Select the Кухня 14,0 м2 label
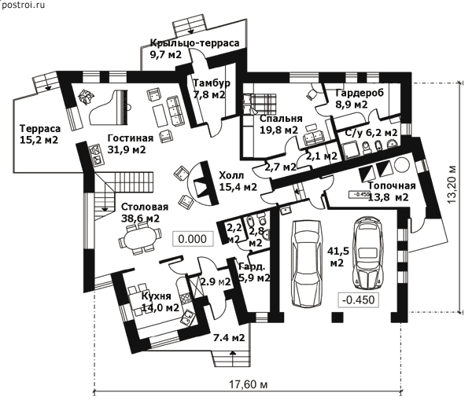(x=160, y=302)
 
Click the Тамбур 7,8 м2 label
(x=212, y=89)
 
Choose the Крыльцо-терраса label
(x=194, y=49)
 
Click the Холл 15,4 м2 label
(x=237, y=182)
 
